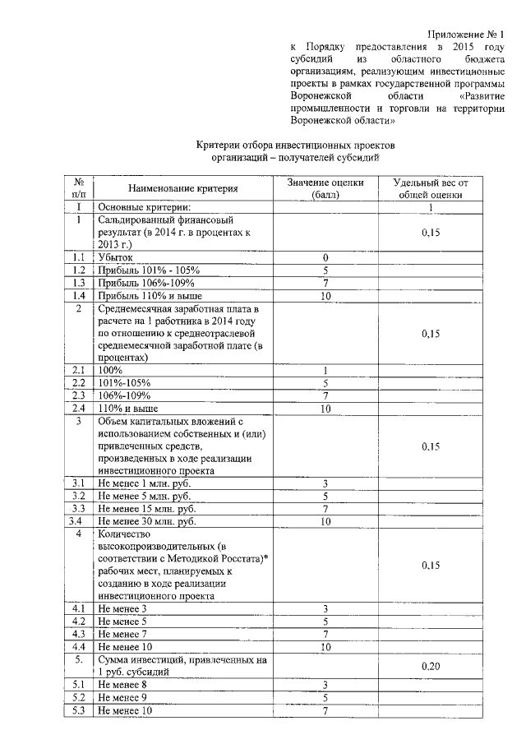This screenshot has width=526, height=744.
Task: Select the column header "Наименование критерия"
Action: (x=171, y=188)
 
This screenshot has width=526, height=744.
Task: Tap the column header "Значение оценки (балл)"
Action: (x=325, y=188)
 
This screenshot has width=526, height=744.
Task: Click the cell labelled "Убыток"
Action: (x=115, y=257)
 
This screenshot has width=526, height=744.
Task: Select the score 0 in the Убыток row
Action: (x=325, y=257)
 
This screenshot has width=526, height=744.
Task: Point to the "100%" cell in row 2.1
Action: (x=110, y=371)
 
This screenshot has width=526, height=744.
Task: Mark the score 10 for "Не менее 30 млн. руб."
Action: (x=325, y=521)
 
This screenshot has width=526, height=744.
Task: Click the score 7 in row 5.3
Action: (x=325, y=710)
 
